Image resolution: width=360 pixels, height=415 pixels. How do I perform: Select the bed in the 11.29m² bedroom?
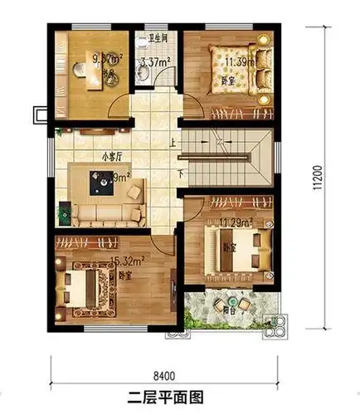(241, 247)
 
